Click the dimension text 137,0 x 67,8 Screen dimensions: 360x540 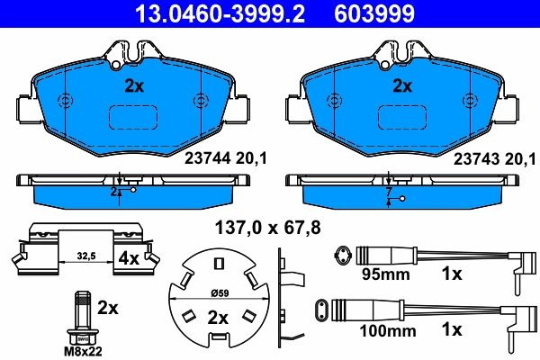[267, 226]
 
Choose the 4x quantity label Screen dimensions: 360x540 [129, 258]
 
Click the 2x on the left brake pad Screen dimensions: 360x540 [134, 87]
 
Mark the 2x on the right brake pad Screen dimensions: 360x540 [401, 87]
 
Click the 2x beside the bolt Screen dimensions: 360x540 [108, 308]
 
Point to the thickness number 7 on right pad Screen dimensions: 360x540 [388, 193]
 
